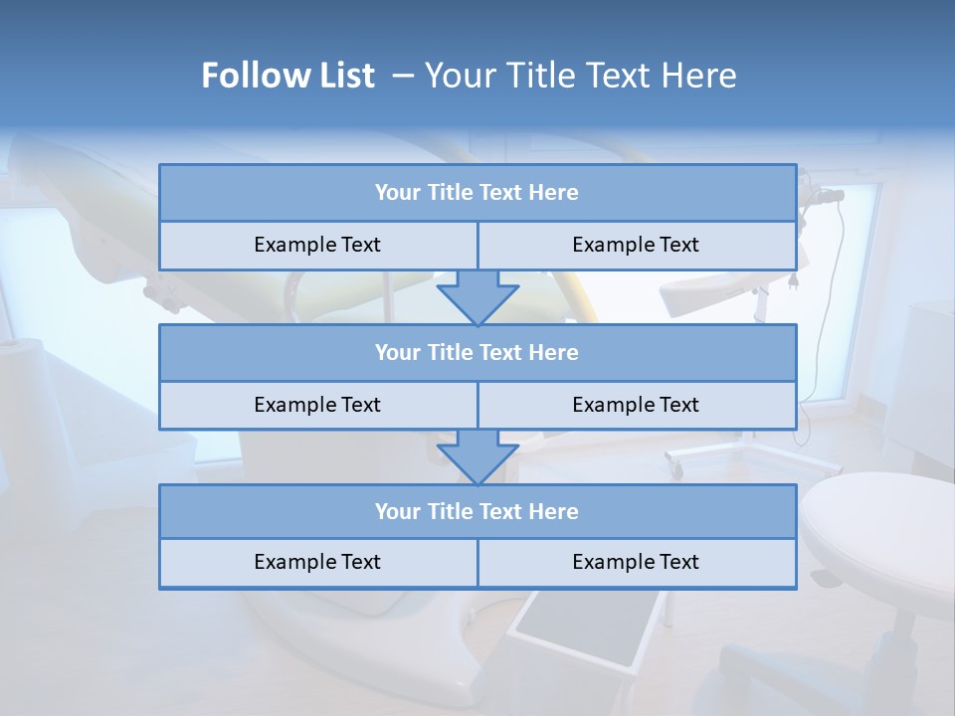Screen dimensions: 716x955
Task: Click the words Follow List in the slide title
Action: (287, 76)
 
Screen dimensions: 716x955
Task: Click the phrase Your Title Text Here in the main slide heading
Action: (581, 76)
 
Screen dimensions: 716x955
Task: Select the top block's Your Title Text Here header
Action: (477, 193)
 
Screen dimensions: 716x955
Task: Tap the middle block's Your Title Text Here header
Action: (477, 352)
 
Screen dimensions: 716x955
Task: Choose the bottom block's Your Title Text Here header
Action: (477, 511)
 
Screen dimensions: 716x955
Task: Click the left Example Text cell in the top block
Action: (317, 245)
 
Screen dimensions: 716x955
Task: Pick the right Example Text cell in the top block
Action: (636, 245)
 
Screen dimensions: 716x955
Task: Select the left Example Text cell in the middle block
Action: (317, 405)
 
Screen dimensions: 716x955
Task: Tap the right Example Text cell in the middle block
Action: (636, 405)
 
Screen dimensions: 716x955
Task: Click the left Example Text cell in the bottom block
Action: (317, 562)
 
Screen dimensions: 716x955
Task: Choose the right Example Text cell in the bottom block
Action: (636, 562)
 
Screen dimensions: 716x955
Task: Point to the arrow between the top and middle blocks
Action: (477, 297)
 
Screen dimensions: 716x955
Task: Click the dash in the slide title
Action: (403, 76)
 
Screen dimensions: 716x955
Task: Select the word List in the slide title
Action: (347, 76)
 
